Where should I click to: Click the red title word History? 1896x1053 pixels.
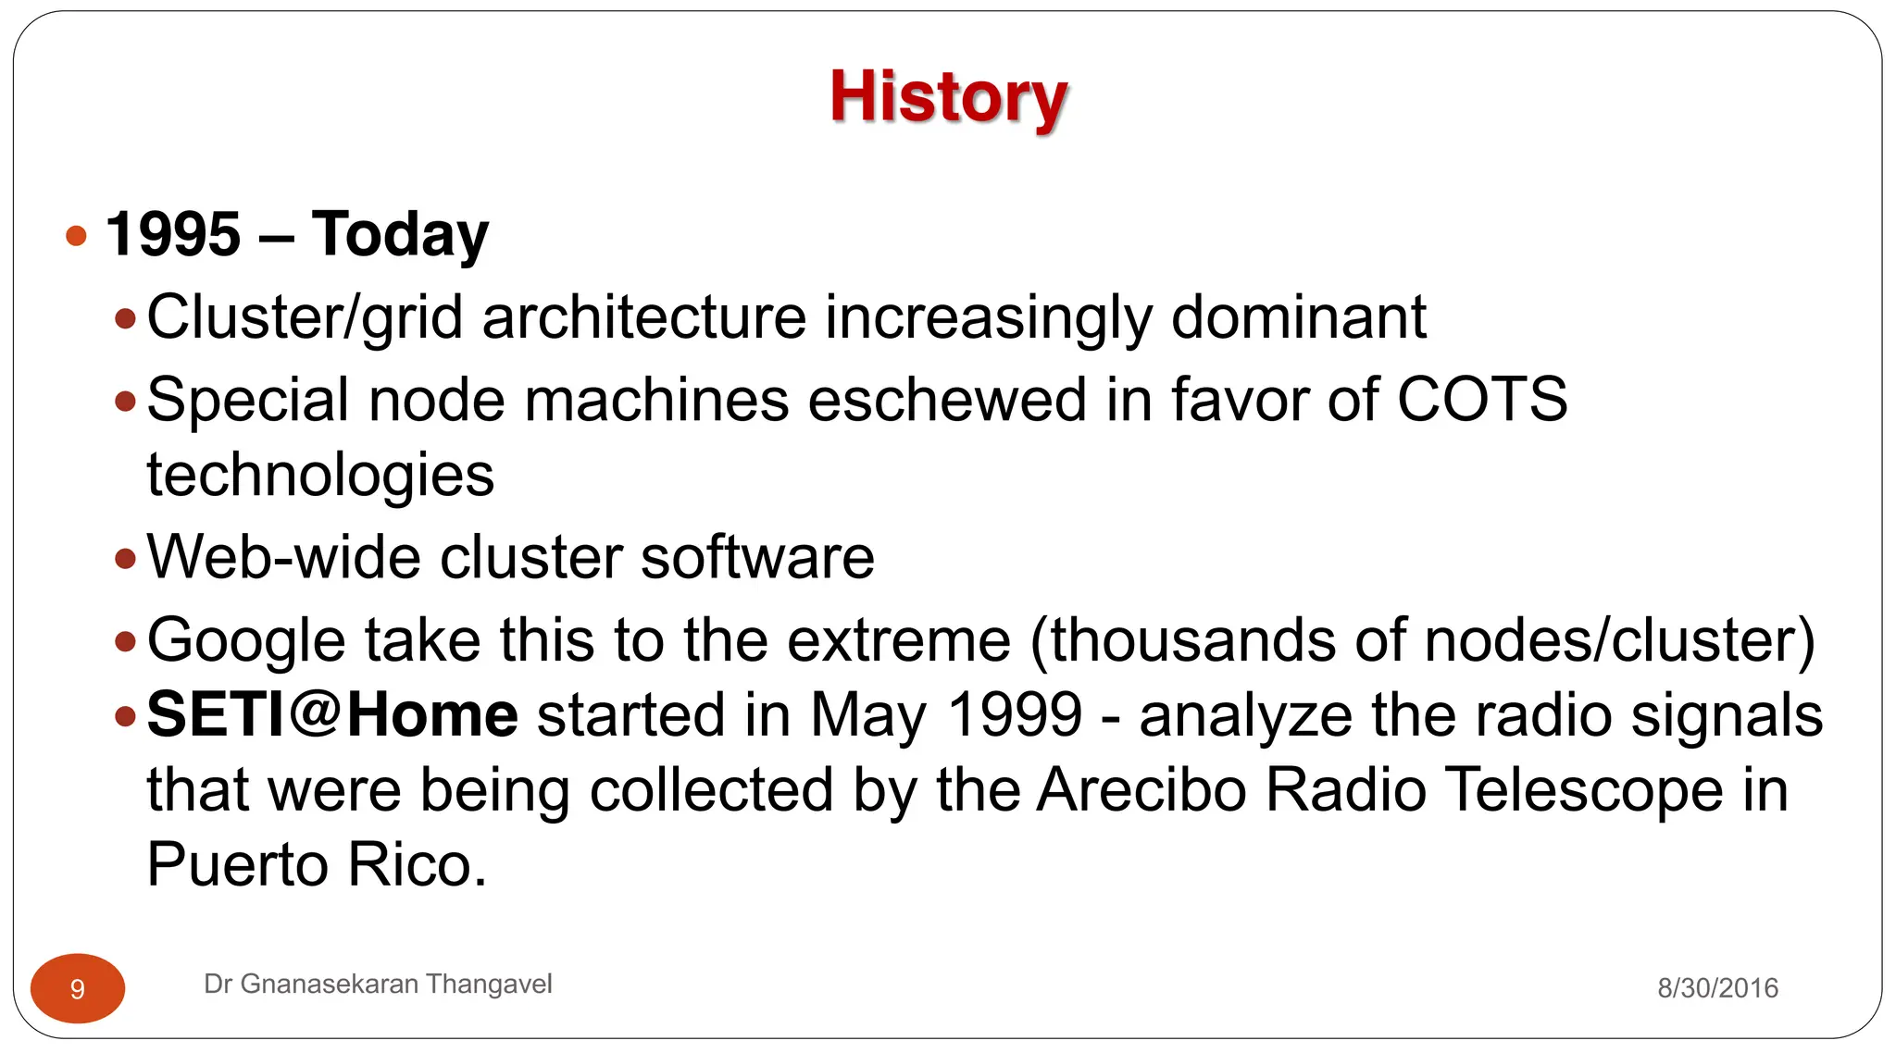click(x=948, y=97)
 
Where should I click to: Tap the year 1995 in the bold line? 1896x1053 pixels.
click(x=173, y=234)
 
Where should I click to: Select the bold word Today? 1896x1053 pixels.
click(x=400, y=236)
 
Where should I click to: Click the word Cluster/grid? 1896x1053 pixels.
click(x=305, y=318)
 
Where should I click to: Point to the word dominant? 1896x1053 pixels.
click(x=1298, y=317)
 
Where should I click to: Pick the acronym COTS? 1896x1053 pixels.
click(x=1481, y=400)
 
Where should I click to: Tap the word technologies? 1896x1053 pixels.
click(x=320, y=476)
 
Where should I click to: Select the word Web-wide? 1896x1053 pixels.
click(x=282, y=557)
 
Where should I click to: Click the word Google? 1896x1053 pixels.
click(x=245, y=641)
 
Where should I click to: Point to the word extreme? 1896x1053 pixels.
click(x=898, y=640)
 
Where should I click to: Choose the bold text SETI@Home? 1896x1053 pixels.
click(x=332, y=715)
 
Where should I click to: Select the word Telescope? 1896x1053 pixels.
click(x=1583, y=790)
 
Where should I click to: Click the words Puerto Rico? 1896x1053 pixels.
click(x=317, y=865)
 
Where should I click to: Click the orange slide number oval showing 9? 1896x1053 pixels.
click(x=78, y=988)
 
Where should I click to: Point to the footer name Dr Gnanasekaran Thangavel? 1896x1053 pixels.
click(x=378, y=984)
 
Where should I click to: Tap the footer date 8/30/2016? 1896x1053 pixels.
click(x=1717, y=988)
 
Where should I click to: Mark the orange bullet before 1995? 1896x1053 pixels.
click(x=77, y=235)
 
